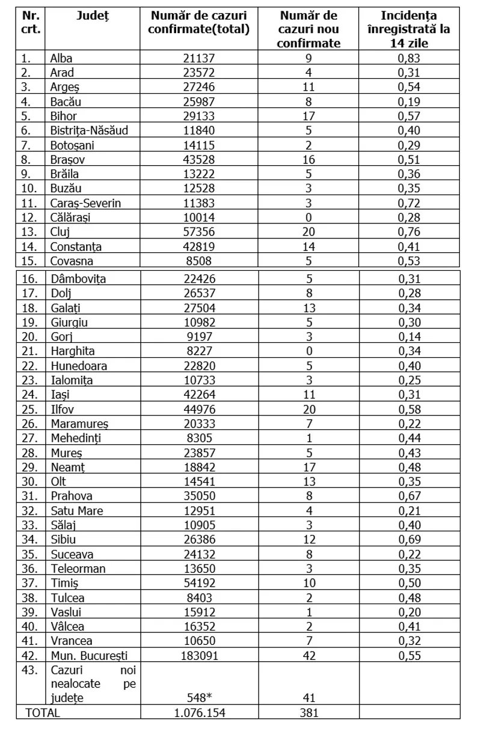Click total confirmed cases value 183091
199,655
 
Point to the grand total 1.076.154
199,713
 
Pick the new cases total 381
309,713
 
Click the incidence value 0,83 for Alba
409,58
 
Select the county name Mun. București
89,655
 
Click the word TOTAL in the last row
42,713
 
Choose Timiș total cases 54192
199,583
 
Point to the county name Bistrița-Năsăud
89,130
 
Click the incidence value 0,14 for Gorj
409,337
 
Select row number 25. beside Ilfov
30,409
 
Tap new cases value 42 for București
309,655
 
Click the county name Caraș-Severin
85,203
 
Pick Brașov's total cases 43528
199,160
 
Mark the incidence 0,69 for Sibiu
409,540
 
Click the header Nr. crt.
30,22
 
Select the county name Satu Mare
76,511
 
